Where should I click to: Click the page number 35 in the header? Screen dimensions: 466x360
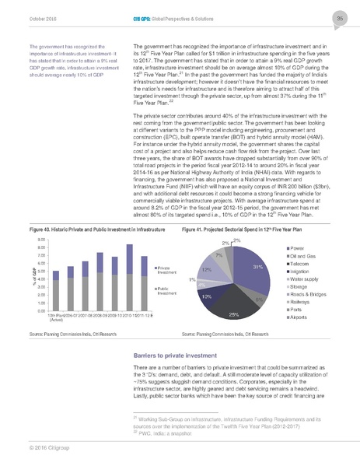coord(341,19)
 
